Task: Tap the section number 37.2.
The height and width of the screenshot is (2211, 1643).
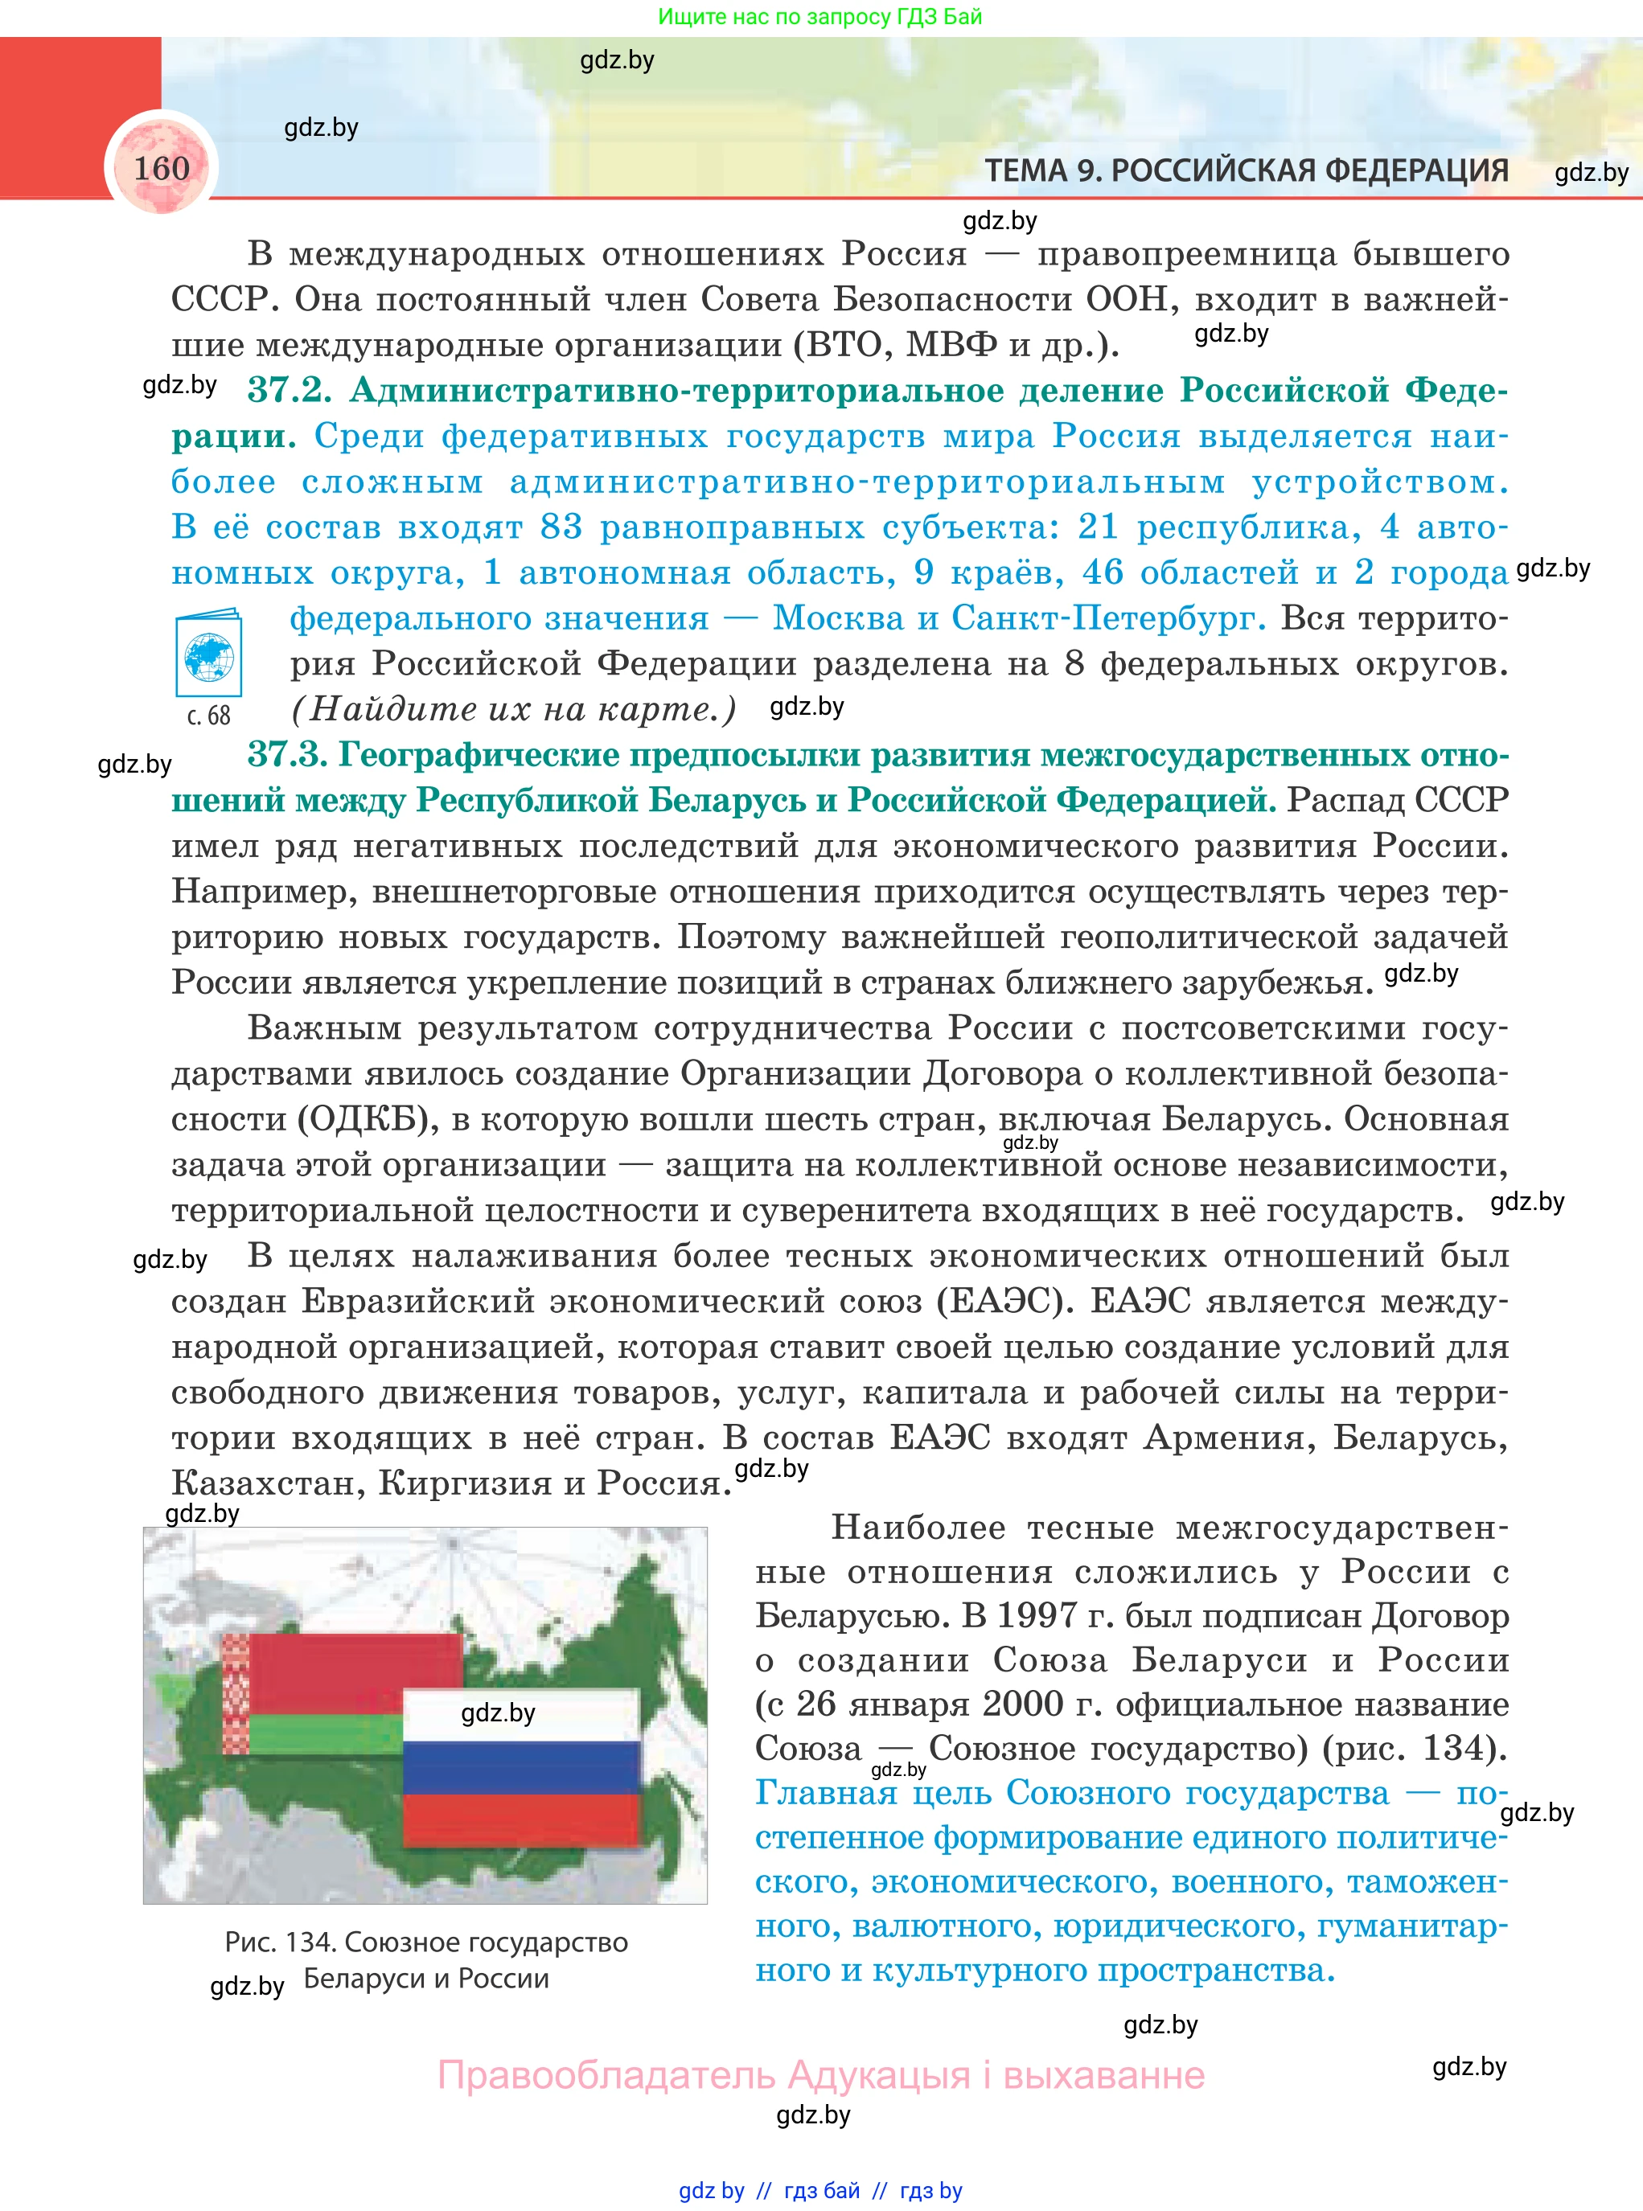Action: click(289, 390)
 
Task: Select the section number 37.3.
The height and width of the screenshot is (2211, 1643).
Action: click(287, 755)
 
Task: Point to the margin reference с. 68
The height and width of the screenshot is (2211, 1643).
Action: click(209, 716)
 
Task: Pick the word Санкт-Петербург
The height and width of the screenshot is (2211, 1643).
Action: click(1109, 618)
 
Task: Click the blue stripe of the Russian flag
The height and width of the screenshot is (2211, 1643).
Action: click(521, 1768)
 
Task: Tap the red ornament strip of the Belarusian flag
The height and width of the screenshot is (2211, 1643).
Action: click(235, 1694)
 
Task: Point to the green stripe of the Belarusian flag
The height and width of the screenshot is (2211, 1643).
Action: click(323, 1733)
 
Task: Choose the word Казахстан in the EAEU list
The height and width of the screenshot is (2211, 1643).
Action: click(266, 1483)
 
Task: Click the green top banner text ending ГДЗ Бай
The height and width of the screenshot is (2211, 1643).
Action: click(819, 17)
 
